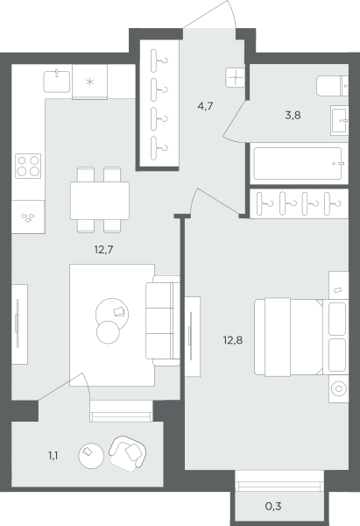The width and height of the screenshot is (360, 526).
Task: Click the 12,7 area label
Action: tap(104, 250)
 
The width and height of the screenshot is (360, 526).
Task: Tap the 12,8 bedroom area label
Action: tap(233, 340)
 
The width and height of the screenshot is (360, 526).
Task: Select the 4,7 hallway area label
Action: tap(205, 106)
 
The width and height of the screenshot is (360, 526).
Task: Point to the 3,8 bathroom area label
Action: tap(293, 116)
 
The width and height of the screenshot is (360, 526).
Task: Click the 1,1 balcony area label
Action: tap(53, 456)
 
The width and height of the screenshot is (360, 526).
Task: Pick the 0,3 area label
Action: tap(273, 506)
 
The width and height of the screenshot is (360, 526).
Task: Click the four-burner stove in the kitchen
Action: tap(28, 166)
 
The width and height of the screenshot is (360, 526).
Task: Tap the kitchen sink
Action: tap(57, 82)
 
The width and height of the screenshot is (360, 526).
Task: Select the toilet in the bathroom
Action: tap(333, 86)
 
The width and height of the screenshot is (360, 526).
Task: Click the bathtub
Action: tap(300, 164)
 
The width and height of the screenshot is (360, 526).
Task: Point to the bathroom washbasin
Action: tap(339, 120)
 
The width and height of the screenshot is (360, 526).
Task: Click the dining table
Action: tap(100, 200)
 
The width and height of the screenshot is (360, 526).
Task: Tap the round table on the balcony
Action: tap(91, 456)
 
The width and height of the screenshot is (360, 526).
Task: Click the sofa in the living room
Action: tap(163, 321)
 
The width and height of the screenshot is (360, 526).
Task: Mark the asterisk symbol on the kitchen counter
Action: tap(89, 82)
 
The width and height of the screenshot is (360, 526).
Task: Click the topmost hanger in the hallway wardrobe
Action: tap(159, 60)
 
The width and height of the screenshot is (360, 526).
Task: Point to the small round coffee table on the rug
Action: tap(108, 332)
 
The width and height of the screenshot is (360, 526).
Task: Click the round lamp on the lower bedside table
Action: tap(339, 388)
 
